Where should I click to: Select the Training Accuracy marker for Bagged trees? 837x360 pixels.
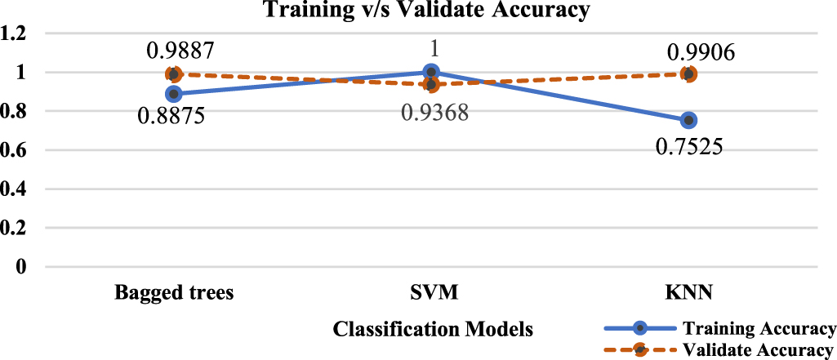pyautogui.click(x=173, y=94)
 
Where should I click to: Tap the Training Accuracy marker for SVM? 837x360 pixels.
pyautogui.click(x=431, y=73)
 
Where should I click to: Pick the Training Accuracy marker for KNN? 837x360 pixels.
pyautogui.click(x=688, y=120)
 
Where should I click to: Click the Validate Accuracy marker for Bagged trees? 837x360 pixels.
pyautogui.click(x=173, y=74)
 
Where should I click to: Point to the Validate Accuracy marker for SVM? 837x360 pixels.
pyautogui.click(x=431, y=85)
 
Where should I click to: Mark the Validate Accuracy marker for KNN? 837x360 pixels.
pyautogui.click(x=688, y=74)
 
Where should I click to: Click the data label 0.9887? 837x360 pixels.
pyautogui.click(x=181, y=51)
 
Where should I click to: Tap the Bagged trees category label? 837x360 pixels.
pyautogui.click(x=173, y=293)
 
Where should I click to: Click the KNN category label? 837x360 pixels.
pyautogui.click(x=688, y=293)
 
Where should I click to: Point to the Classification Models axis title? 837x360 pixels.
pyautogui.click(x=434, y=330)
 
